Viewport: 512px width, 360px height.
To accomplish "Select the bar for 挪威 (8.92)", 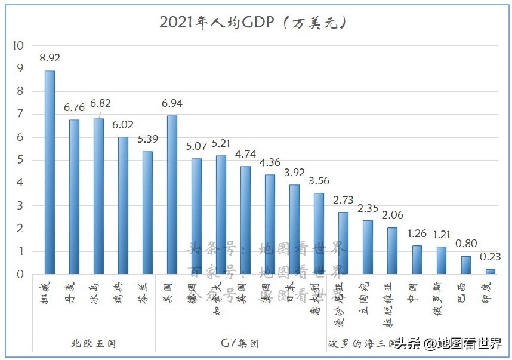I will [50, 173].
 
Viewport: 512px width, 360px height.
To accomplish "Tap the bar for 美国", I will [172, 195].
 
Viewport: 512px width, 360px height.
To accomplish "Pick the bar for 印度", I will [490, 272].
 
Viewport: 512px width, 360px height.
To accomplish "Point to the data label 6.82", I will [100, 104].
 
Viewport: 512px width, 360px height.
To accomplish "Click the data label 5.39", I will [147, 139].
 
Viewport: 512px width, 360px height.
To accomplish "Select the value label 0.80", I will [465, 244].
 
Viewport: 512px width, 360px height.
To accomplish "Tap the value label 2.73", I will [343, 199].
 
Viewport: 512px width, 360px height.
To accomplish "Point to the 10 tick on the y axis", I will [18, 45].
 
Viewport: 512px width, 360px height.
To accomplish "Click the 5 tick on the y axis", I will [20, 160].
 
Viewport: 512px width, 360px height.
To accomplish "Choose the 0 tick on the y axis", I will [20, 275].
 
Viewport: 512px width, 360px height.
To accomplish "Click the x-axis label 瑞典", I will [123, 293].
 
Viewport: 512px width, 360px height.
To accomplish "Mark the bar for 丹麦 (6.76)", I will [74, 197].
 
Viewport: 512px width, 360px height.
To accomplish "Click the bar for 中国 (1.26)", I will [417, 260].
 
